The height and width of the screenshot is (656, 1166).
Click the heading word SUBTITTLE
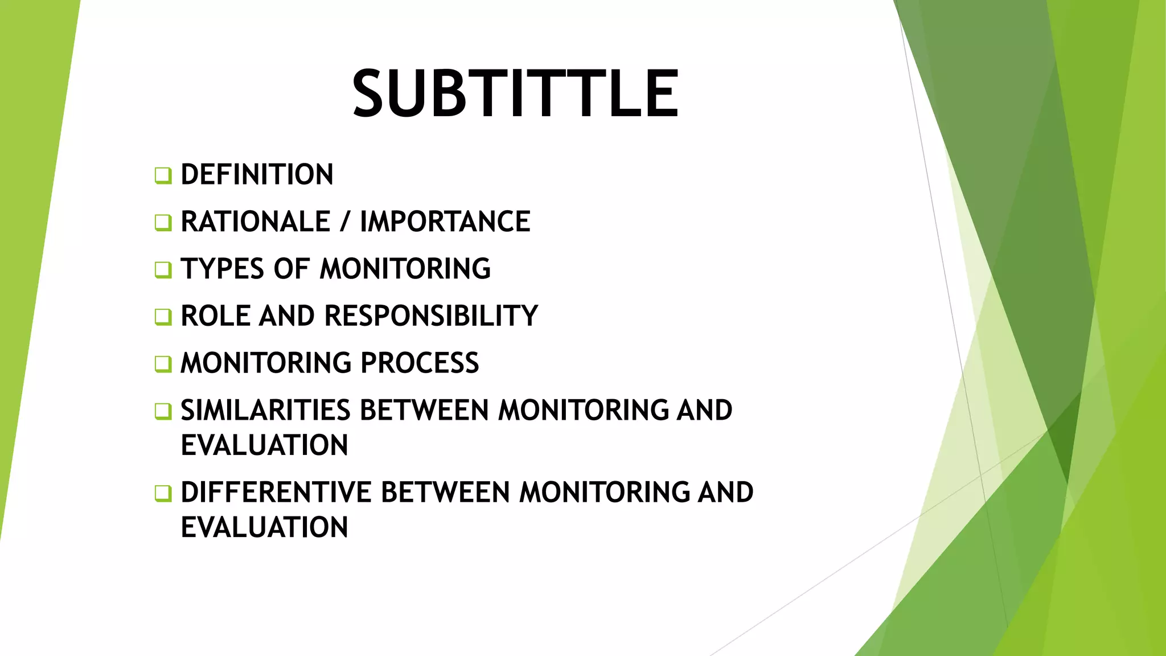[515, 93]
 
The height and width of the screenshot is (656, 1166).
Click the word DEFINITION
[257, 175]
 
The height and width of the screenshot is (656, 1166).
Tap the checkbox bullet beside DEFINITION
[163, 175]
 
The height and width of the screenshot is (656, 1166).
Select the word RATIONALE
[255, 222]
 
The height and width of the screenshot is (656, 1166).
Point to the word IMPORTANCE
[445, 222]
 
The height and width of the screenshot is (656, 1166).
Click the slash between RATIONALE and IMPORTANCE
[344, 222]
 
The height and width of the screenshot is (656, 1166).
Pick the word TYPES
[222, 269]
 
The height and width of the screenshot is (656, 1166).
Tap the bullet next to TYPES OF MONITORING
[163, 270]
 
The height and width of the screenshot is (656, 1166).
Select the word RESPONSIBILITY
[431, 316]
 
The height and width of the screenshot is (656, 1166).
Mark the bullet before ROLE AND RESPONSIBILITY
[163, 317]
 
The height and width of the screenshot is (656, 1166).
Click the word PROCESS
[420, 363]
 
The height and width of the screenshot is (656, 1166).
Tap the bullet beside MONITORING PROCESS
[163, 364]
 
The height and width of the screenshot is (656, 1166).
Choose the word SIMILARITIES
[265, 411]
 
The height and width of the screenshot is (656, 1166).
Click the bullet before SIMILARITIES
[163, 411]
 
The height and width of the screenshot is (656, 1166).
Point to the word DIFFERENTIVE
[276, 493]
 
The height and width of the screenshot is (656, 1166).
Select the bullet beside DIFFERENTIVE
[163, 493]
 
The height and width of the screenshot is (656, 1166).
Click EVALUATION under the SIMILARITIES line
[264, 445]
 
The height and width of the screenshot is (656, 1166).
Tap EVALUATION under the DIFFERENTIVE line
[264, 527]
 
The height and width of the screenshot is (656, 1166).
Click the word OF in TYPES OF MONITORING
[291, 269]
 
